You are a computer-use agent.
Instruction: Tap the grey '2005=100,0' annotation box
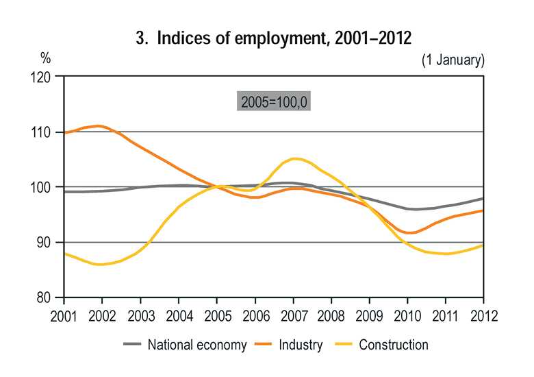[x=275, y=101]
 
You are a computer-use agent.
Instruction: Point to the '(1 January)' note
[x=453, y=60]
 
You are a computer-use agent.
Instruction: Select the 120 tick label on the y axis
[x=42, y=77]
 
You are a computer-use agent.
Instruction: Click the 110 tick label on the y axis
[x=42, y=132]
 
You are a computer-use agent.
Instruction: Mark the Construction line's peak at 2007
[x=294, y=158]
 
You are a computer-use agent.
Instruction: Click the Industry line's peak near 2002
[x=99, y=125]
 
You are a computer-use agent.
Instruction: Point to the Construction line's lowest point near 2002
[x=101, y=264]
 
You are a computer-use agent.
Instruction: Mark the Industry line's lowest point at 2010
[x=409, y=233]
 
